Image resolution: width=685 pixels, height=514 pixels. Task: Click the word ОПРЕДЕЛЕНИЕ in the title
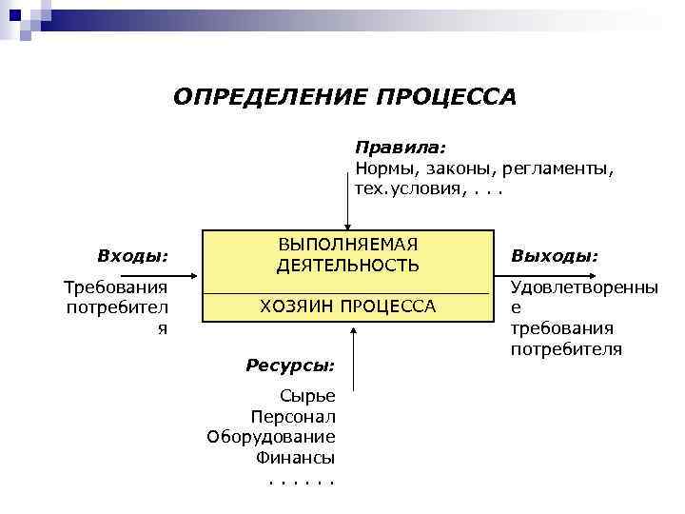(271, 97)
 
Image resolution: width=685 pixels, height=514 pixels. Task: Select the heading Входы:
(133, 255)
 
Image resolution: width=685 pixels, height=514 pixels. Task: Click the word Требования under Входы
(115, 287)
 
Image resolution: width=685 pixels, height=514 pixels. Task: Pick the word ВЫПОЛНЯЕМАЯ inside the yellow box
(347, 245)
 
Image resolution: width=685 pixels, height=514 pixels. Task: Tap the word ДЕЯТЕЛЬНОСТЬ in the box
(347, 266)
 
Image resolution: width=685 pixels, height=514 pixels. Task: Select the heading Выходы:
(555, 255)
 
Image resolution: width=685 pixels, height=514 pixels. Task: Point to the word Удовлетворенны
(584, 287)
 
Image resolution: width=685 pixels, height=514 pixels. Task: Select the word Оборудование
(271, 437)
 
